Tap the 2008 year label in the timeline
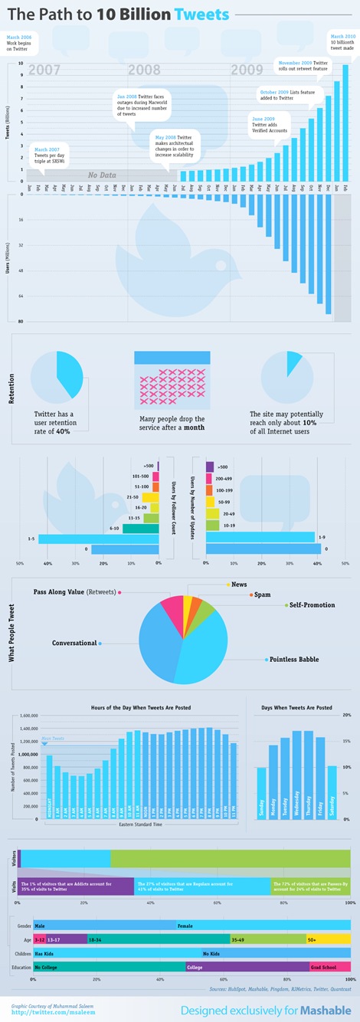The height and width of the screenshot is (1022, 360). coord(144,70)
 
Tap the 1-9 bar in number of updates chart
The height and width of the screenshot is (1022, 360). coord(260,536)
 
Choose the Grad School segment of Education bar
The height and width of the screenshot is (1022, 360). coord(329,968)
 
